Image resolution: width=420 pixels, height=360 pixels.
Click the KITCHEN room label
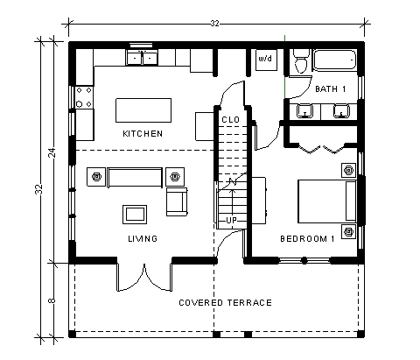(x=142, y=133)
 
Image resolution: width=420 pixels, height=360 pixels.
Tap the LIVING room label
(x=142, y=238)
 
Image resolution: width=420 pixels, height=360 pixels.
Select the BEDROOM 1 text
(x=307, y=238)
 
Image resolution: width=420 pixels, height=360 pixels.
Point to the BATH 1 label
(x=331, y=89)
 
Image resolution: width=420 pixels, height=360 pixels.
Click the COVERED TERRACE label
(x=225, y=303)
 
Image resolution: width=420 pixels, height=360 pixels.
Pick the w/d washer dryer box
(x=264, y=60)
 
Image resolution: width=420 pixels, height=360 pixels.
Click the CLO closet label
(x=231, y=119)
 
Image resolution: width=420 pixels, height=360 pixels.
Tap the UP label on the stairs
(x=231, y=220)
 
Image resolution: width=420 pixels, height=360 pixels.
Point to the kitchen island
(x=143, y=109)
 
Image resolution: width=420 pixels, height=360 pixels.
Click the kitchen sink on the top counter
(x=142, y=58)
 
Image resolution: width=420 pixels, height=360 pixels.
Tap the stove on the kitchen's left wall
(x=84, y=95)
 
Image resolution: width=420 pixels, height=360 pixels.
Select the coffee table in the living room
(x=135, y=213)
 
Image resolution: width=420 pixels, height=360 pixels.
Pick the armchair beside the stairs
(x=178, y=202)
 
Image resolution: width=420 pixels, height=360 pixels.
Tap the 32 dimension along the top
(x=214, y=24)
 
